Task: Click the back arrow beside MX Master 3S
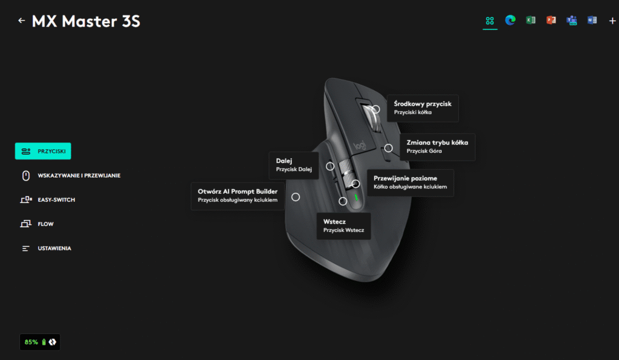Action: (x=22, y=21)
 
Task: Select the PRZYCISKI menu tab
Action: (x=43, y=151)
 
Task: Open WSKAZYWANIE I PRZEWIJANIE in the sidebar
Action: (x=71, y=176)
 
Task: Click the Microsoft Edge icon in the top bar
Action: (x=510, y=21)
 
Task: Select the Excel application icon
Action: (x=530, y=21)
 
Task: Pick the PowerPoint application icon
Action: (x=551, y=21)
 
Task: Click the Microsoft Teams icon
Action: (x=571, y=21)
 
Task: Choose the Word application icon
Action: (x=592, y=21)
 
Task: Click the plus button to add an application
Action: (x=612, y=21)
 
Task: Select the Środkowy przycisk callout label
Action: (x=423, y=108)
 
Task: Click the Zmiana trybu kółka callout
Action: (x=437, y=147)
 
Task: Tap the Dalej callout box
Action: (x=293, y=166)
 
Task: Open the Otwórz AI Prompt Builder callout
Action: (x=237, y=196)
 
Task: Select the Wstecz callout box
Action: (x=343, y=226)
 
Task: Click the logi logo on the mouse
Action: (x=360, y=146)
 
